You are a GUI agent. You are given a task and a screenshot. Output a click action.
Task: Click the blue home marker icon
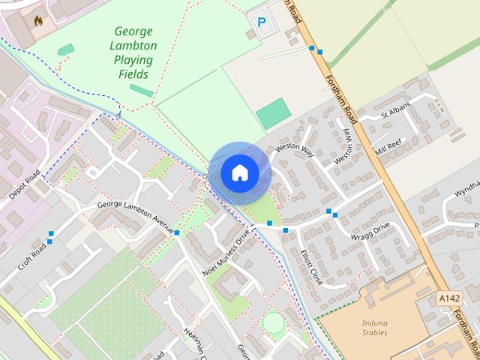pos(239,172)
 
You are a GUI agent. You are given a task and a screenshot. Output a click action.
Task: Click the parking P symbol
pos(261,23)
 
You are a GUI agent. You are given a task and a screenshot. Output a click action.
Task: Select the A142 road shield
pos(449,298)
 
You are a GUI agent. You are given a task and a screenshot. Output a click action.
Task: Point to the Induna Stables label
pos(369,327)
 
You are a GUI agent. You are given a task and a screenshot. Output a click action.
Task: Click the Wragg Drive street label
pos(370,231)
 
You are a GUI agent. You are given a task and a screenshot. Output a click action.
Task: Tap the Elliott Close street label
pos(310,267)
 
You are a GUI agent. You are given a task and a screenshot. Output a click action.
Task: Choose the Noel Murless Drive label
pos(226,253)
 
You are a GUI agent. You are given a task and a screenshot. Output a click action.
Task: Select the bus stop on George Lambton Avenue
pos(177,233)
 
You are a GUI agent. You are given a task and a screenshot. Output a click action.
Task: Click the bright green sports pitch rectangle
pos(273,113)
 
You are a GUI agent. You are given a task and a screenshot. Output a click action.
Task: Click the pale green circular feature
pos(274,324)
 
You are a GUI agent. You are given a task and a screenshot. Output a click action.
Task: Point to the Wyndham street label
pos(465,193)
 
